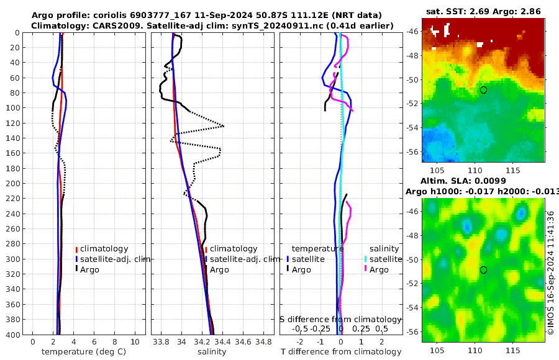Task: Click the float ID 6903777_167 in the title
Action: (211, 15)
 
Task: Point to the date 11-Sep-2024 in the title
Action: (273, 15)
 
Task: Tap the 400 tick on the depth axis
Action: (13, 335)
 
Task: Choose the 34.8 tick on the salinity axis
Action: (264, 341)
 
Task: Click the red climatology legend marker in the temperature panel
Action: (77, 249)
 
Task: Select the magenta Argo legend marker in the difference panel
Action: (366, 269)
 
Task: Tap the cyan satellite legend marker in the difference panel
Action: (366, 259)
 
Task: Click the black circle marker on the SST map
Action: (483, 90)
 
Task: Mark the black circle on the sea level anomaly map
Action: (483, 270)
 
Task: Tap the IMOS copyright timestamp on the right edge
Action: (551, 273)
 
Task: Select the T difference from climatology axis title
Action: (340, 352)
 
